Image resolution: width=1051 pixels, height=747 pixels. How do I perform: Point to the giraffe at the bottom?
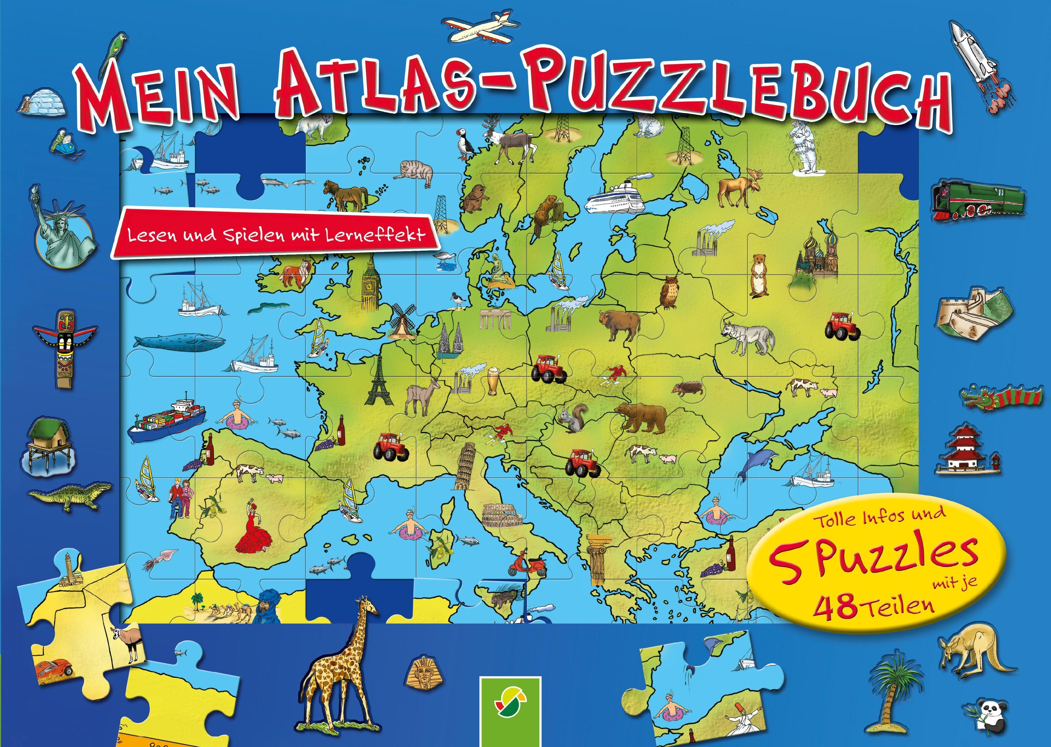[x=341, y=662]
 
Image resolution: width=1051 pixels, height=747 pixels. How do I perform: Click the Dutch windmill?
[x=403, y=320]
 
